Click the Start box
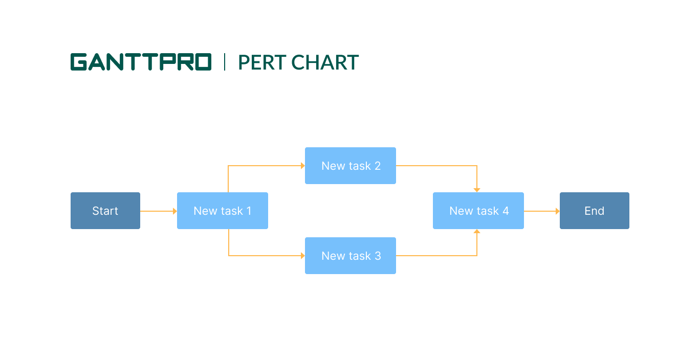point(105,211)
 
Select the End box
point(594,211)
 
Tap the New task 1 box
point(222,211)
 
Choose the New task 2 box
point(351,166)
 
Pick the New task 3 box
point(351,256)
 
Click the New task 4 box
point(478,211)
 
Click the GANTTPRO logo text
point(141,62)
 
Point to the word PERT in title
point(261,62)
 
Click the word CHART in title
point(325,62)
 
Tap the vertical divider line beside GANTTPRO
point(225,62)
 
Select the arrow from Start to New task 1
point(158,211)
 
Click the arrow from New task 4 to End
point(541,211)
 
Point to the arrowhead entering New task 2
point(302,166)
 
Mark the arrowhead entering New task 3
point(302,256)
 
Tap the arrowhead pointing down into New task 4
point(477,190)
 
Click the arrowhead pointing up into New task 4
point(477,232)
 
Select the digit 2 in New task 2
point(378,166)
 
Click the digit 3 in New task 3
point(378,256)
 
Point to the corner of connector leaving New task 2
point(477,166)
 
